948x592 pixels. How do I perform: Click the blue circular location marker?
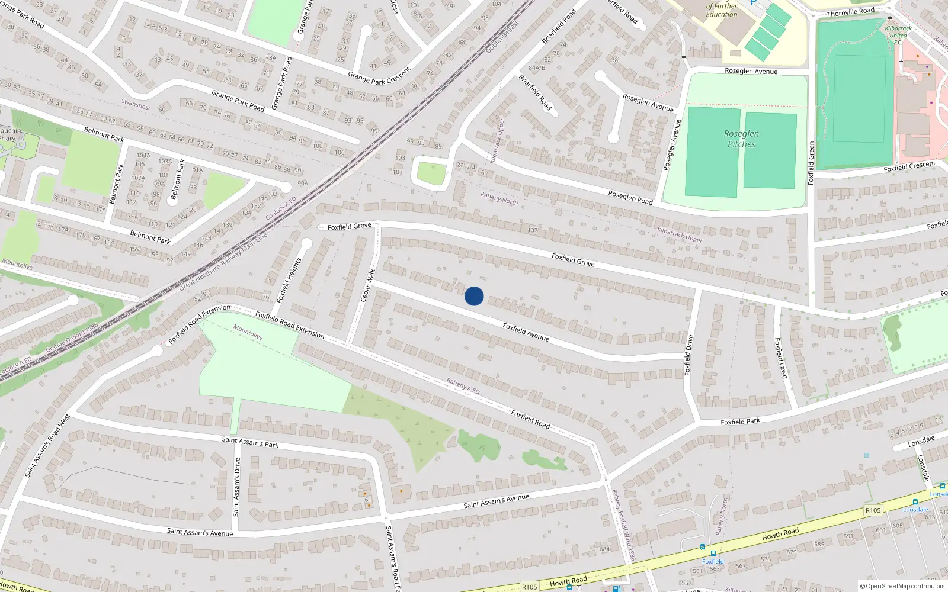474,296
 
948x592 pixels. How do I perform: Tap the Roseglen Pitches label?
741,139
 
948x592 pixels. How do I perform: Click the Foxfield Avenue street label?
526,332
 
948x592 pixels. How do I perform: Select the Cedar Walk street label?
368,285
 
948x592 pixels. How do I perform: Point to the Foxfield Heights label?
289,280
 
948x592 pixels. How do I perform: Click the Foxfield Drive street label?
688,355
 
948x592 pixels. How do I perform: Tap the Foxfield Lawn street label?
781,358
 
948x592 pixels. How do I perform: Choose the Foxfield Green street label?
811,163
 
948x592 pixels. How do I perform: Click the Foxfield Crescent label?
909,167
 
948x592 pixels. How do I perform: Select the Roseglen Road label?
630,197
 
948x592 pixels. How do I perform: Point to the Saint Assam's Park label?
250,442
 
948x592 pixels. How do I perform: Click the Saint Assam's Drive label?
237,487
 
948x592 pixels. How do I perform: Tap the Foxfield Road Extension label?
290,325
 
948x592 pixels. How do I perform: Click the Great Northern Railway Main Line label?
223,261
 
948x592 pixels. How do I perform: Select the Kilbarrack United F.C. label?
898,35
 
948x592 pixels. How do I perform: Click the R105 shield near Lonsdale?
873,510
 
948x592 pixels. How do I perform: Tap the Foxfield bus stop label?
713,561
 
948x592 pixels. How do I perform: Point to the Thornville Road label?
850,12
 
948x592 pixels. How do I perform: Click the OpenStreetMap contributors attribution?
902,586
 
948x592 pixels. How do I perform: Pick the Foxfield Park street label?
740,422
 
